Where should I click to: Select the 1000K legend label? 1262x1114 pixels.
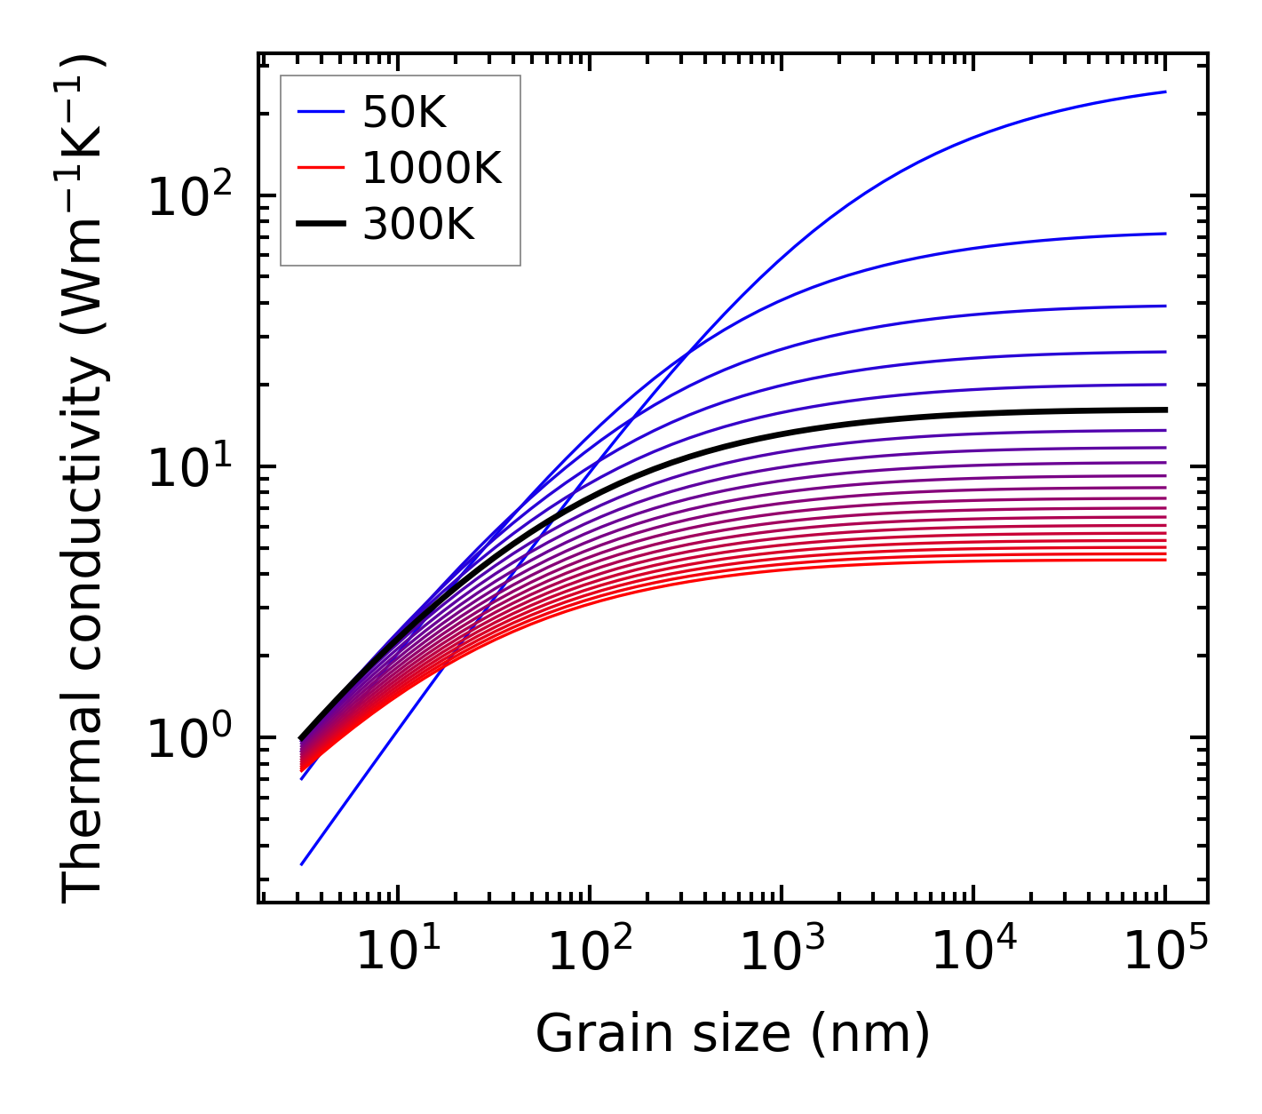tap(432, 168)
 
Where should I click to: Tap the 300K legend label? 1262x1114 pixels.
tap(418, 225)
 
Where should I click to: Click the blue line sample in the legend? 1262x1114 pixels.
tap(320, 112)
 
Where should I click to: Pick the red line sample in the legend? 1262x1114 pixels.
tap(320, 168)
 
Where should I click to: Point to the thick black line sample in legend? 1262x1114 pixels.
tap(320, 225)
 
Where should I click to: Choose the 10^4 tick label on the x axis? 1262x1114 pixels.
tap(973, 952)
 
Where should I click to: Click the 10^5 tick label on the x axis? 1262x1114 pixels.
tap(1165, 952)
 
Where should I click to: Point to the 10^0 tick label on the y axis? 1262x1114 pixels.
tap(188, 739)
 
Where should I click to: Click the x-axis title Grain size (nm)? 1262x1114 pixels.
tap(733, 1034)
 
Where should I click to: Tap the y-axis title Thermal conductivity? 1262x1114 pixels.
tap(84, 478)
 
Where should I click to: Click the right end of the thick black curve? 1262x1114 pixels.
tap(1165, 410)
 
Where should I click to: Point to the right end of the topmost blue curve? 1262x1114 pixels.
tap(1165, 92)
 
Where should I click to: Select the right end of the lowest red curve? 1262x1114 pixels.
tap(1165, 560)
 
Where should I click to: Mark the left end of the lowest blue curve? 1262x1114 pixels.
tap(302, 864)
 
